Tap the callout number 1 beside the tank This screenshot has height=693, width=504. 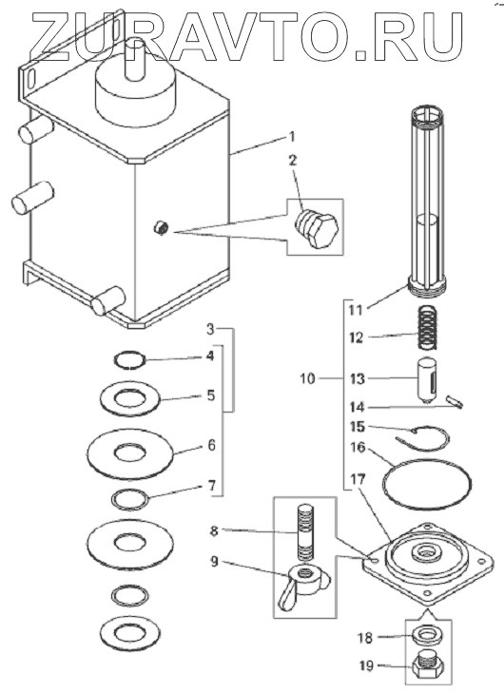291,137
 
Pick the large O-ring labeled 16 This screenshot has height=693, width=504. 427,485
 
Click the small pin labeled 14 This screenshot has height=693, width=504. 455,402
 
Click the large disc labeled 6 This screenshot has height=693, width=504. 128,453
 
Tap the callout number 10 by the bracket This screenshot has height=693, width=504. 308,378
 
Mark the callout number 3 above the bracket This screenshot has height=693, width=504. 210,329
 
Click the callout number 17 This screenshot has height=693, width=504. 359,479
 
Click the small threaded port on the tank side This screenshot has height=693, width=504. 161,228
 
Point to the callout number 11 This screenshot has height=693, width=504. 356,310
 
